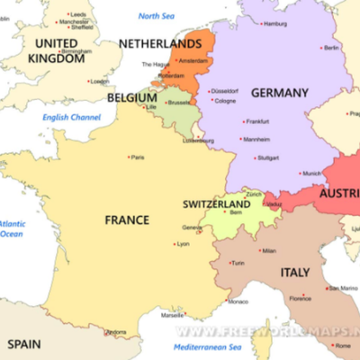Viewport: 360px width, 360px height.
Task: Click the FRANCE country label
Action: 127,220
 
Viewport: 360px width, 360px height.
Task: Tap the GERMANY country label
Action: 279,93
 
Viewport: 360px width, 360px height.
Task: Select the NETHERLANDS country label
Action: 161,43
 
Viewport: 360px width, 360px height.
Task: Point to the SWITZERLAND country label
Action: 216,204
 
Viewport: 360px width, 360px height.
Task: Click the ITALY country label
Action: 294,273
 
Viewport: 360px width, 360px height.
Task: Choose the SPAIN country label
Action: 24,344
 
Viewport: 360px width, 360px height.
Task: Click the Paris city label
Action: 138,157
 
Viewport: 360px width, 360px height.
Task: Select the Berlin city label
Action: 331,48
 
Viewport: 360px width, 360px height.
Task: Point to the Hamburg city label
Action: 274,23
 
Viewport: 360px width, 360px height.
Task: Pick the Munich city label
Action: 311,173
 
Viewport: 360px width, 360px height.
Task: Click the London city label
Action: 100,82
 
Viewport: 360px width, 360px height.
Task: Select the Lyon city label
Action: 184,244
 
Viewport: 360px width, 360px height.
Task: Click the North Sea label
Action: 156,16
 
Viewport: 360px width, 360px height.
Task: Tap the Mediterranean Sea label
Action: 209,346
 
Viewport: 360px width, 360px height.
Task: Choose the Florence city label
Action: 300,298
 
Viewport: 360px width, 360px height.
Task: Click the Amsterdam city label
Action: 193,60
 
